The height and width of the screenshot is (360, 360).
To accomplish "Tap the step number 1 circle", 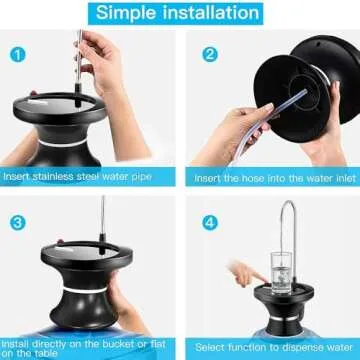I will pyautogui.click(x=18, y=53).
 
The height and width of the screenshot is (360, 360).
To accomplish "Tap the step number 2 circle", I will pyautogui.click(x=209, y=53).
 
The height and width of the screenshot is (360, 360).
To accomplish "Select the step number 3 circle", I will pyautogui.click(x=18, y=221).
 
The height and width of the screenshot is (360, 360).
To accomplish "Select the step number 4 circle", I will pyautogui.click(x=209, y=221).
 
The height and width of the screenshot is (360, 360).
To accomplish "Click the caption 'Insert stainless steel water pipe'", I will pyautogui.click(x=87, y=176).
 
